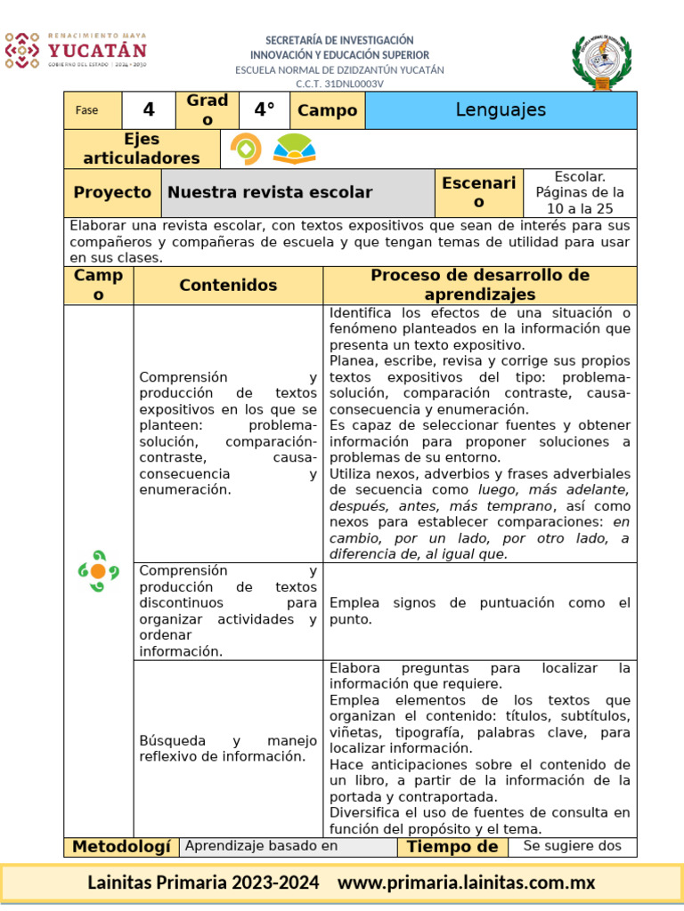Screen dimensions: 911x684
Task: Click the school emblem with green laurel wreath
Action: click(604, 62)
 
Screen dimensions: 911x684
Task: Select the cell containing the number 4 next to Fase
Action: click(149, 110)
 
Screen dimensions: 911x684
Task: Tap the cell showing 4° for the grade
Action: click(265, 110)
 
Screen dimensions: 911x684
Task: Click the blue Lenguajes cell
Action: click(501, 110)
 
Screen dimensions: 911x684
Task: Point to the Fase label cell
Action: click(87, 110)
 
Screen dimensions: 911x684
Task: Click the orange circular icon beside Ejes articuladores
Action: click(246, 149)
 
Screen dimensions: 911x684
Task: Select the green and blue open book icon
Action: click(294, 149)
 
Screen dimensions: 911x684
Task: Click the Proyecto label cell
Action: click(112, 193)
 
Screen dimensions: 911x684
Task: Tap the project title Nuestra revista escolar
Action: click(270, 193)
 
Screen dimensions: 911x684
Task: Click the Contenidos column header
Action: click(228, 286)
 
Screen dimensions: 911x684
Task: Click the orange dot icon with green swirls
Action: click(98, 571)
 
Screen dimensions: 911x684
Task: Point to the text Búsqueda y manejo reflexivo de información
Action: click(228, 748)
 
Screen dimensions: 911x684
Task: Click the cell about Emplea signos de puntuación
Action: click(480, 611)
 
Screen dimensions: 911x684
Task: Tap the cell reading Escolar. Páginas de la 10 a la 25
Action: click(580, 193)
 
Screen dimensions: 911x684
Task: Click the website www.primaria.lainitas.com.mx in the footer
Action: click(466, 883)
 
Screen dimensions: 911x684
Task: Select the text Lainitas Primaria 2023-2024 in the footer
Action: click(203, 883)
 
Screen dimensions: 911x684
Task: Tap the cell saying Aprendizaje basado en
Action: click(261, 846)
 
